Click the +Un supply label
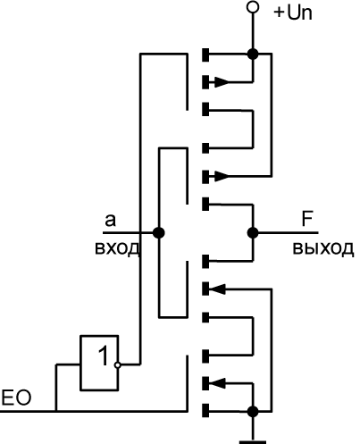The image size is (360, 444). [293, 13]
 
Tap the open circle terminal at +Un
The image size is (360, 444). [253, 7]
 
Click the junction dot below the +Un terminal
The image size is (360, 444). [253, 54]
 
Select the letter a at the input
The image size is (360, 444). [110, 221]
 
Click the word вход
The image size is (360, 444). [117, 247]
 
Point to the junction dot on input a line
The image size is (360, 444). [159, 232]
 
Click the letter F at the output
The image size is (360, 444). [307, 219]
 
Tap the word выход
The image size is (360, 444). [323, 248]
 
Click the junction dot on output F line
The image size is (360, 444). [253, 232]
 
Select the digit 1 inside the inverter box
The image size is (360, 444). [104, 356]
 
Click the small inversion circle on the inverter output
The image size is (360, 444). [118, 364]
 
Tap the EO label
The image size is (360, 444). [16, 398]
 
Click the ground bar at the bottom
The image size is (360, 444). [253, 442]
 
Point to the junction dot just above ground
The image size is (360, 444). [253, 412]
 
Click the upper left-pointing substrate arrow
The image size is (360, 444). [217, 289]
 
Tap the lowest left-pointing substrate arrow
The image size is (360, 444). [217, 383]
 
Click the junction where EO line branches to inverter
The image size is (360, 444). [56, 411]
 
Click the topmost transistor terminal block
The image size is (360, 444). [205, 54]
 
